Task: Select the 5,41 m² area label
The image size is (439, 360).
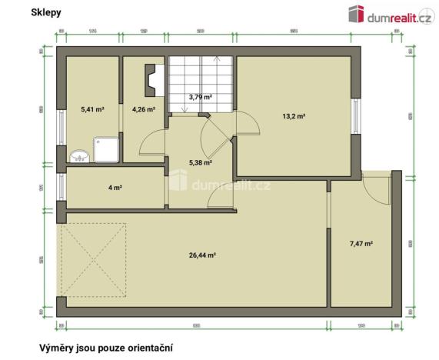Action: (92, 109)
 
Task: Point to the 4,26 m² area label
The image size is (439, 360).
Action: (144, 109)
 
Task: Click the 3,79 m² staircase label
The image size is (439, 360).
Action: (201, 97)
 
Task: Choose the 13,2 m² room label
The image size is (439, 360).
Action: (294, 116)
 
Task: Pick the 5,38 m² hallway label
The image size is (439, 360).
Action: (200, 162)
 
